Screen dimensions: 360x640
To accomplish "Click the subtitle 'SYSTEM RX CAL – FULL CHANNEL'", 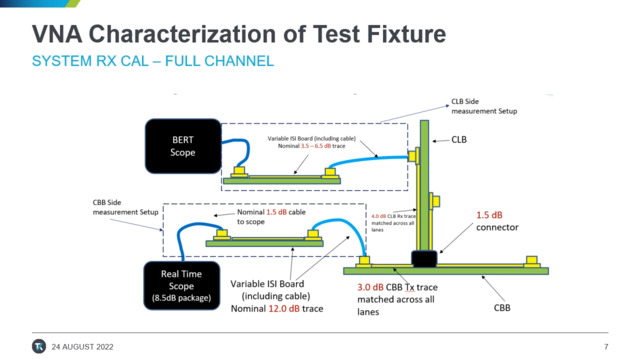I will pos(153,62).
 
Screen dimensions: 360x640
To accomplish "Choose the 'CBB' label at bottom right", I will pos(501,308).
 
